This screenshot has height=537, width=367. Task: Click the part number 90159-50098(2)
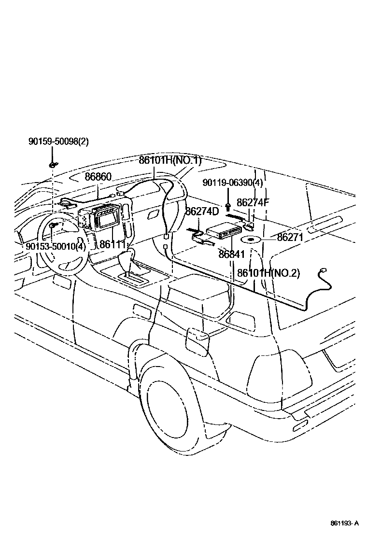click(x=58, y=141)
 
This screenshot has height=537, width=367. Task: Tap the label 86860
click(x=98, y=177)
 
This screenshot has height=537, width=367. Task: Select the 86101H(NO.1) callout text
click(x=169, y=161)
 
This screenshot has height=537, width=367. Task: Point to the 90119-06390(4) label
click(x=233, y=183)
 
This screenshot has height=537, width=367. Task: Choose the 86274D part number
click(x=202, y=211)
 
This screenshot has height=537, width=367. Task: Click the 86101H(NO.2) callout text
click(x=268, y=273)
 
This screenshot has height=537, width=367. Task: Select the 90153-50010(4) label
click(x=56, y=246)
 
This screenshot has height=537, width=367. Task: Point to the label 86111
click(x=113, y=245)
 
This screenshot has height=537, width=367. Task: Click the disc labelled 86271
click(x=252, y=240)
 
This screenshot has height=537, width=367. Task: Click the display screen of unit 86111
click(x=106, y=220)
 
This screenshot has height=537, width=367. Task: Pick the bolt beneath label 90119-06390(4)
click(x=228, y=199)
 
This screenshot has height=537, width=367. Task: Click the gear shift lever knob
click(x=128, y=256)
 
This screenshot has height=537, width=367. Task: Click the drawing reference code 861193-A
click(x=345, y=523)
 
